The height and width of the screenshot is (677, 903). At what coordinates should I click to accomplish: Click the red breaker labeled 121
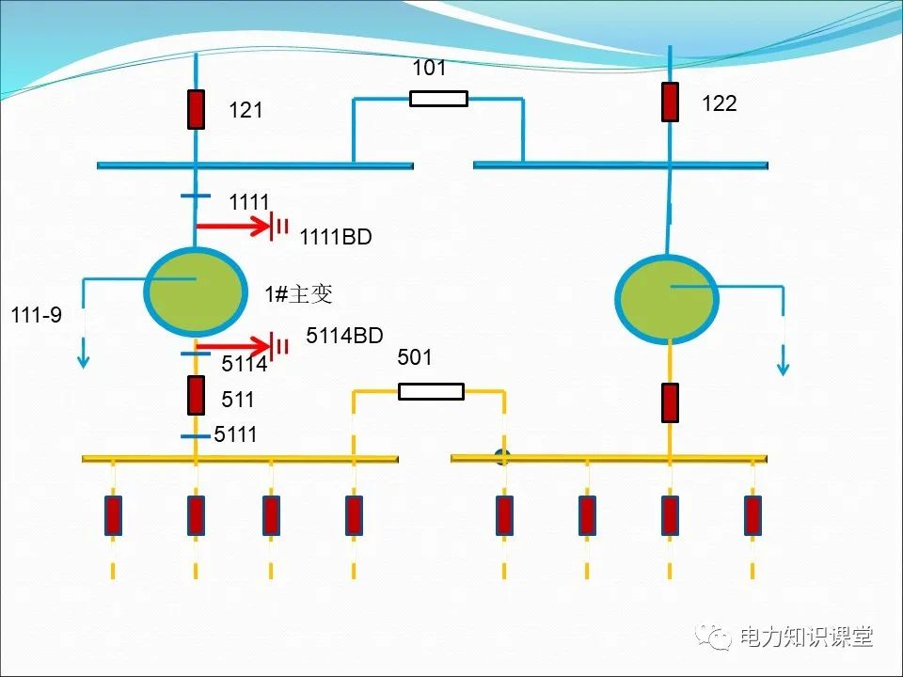pyautogui.click(x=196, y=109)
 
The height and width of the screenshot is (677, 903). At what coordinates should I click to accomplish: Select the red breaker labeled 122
pyautogui.click(x=670, y=102)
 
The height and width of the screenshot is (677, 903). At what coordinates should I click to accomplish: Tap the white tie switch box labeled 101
pyautogui.click(x=438, y=98)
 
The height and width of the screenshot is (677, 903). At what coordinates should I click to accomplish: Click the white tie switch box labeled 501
pyautogui.click(x=431, y=391)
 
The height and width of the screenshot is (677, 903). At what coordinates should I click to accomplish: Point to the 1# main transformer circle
pyautogui.click(x=196, y=291)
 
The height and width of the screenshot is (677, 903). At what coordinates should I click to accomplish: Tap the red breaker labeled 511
pyautogui.click(x=196, y=395)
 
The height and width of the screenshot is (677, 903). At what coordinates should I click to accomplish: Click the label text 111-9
pyautogui.click(x=37, y=315)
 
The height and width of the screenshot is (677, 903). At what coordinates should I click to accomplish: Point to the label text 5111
pyautogui.click(x=235, y=434)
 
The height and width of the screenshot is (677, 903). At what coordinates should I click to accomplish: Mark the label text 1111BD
pyautogui.click(x=336, y=238)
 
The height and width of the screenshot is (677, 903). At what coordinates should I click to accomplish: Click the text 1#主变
pyautogui.click(x=298, y=294)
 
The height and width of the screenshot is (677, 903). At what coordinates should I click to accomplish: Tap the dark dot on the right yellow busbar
pyautogui.click(x=502, y=458)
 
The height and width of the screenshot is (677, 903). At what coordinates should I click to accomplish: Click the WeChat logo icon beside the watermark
pyautogui.click(x=715, y=637)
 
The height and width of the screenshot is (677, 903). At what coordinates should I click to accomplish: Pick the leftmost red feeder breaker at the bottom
pyautogui.click(x=113, y=515)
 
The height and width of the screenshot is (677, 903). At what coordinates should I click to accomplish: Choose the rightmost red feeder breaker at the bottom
pyautogui.click(x=752, y=515)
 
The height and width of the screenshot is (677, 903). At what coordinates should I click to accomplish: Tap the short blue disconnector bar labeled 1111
pyautogui.click(x=196, y=197)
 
